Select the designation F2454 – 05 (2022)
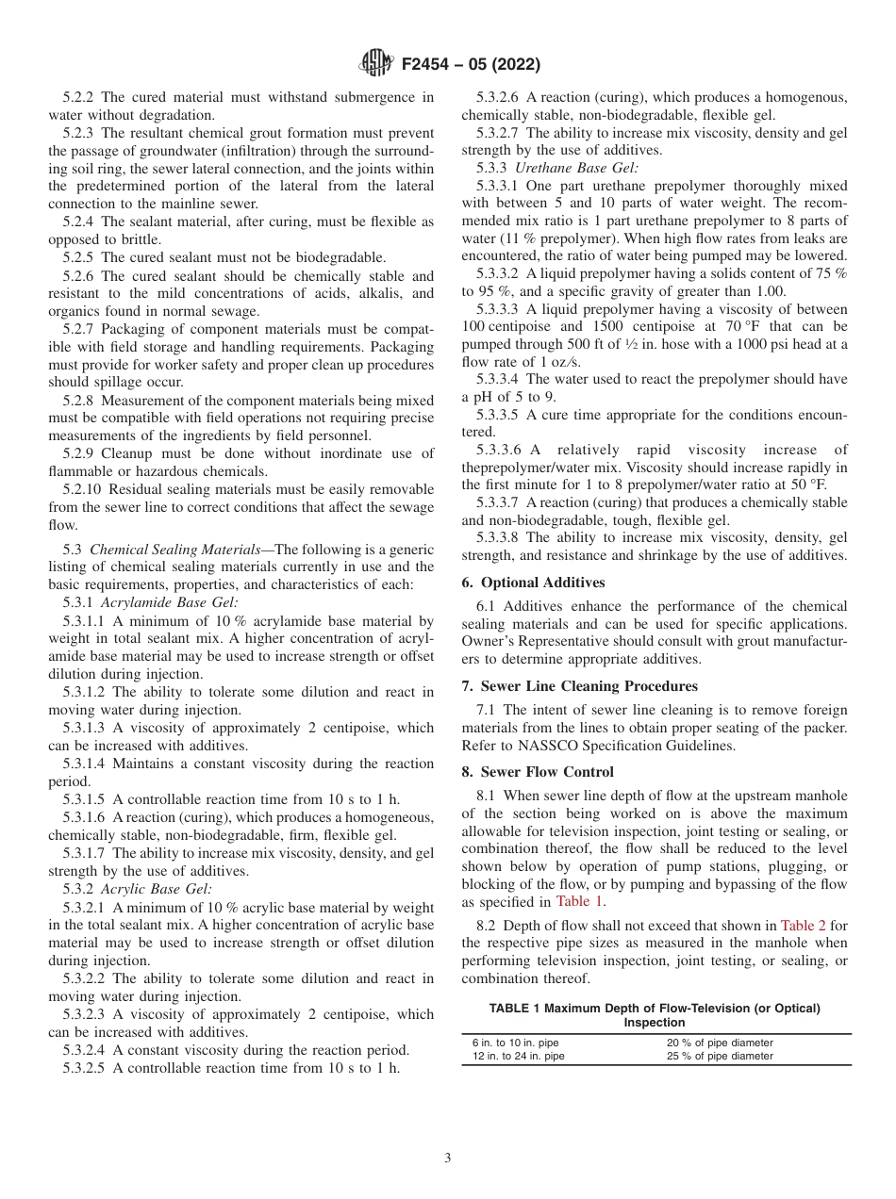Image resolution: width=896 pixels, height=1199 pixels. pyautogui.click(x=471, y=65)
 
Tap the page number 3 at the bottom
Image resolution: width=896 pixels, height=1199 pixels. pyautogui.click(x=448, y=1158)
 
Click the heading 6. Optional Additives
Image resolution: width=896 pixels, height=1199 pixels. pyautogui.click(x=533, y=583)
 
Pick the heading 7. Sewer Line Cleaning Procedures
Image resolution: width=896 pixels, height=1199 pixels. pyautogui.click(x=579, y=686)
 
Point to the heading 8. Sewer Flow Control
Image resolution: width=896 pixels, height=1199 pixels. pyautogui.click(x=538, y=772)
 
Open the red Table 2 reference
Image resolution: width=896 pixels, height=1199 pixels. pyautogui.click(x=803, y=926)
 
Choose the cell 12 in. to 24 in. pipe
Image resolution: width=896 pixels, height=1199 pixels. pyautogui.click(x=519, y=1057)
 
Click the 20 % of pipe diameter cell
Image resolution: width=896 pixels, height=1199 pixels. pyautogui.click(x=720, y=1043)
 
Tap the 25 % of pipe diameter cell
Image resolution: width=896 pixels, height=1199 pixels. pyautogui.click(x=720, y=1057)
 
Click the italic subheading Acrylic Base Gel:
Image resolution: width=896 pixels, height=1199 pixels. pyautogui.click(x=157, y=889)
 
